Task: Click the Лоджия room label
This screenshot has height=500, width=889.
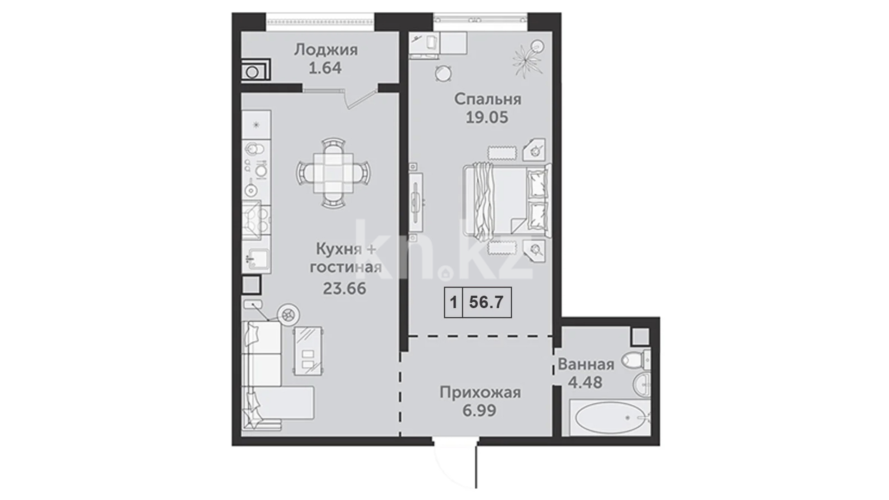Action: click(x=326, y=50)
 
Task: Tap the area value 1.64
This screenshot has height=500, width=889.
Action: click(x=325, y=69)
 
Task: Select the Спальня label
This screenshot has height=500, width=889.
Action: click(x=488, y=99)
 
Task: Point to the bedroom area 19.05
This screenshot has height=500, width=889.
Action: click(x=487, y=118)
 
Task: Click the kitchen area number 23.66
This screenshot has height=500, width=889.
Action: click(x=344, y=289)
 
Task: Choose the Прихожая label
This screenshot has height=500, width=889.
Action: click(x=480, y=393)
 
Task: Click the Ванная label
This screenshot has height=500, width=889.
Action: click(x=586, y=364)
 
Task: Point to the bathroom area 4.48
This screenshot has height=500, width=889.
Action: click(x=585, y=382)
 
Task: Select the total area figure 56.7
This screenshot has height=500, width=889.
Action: click(x=486, y=302)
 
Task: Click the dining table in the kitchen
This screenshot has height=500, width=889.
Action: click(x=333, y=172)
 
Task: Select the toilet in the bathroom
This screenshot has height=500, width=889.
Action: click(x=636, y=360)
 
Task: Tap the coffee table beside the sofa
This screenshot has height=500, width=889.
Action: click(x=307, y=350)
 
